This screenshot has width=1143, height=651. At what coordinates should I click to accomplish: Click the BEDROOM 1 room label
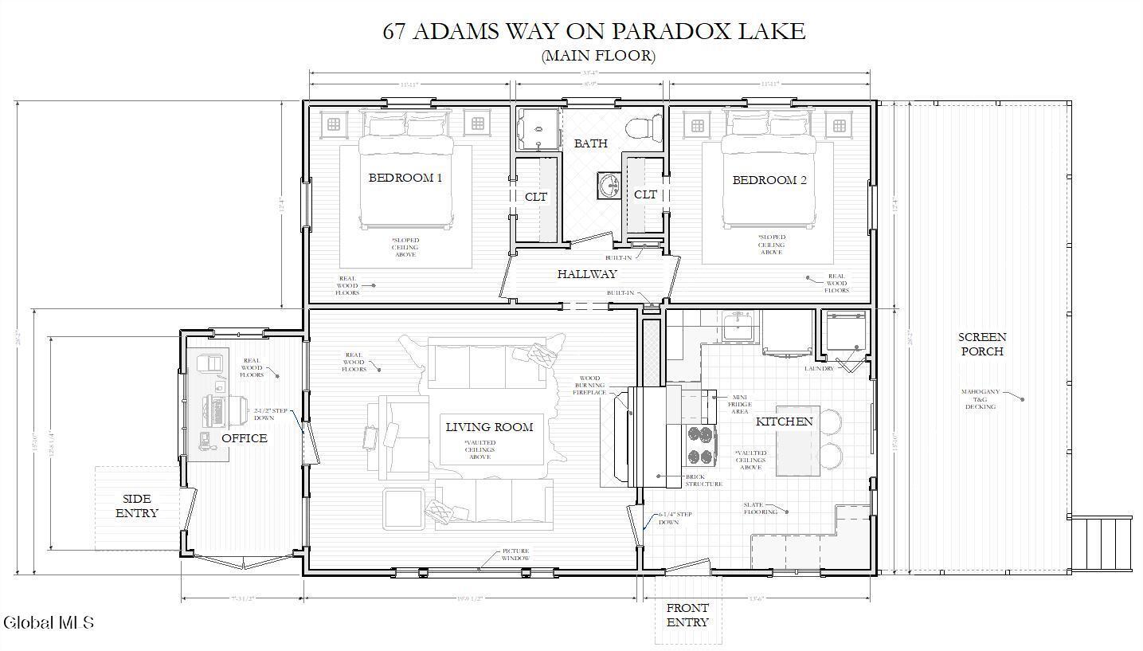point(405,178)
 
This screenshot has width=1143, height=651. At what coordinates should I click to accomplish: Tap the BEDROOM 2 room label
point(769,180)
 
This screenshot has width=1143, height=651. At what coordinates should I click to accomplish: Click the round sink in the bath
point(608,185)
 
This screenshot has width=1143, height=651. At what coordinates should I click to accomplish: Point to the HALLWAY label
point(587,274)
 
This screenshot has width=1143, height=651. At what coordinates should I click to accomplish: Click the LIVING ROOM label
point(489,427)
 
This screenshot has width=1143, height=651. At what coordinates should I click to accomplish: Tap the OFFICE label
point(244,438)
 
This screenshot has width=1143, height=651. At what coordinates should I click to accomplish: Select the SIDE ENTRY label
point(137,506)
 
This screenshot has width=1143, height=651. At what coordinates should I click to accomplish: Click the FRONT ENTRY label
point(687,614)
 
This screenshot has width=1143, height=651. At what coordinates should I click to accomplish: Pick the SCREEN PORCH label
point(982,344)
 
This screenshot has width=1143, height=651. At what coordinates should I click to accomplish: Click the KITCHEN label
point(784,422)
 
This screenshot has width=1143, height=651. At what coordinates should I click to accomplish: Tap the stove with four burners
point(700,445)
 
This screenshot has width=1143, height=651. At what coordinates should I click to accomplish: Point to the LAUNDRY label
point(819,368)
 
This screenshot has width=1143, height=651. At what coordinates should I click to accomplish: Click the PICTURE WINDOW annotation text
point(515,555)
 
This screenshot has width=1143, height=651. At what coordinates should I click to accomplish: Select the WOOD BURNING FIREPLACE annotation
point(589,386)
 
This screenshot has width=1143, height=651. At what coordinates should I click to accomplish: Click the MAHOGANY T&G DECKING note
point(980,399)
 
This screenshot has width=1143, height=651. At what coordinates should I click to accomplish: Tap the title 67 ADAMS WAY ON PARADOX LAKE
point(593,31)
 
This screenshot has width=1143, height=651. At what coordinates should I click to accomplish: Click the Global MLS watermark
point(49,622)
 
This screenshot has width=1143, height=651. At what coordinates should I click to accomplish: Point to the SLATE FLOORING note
point(761,508)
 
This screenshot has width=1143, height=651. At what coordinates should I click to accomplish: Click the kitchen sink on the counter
point(738,327)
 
